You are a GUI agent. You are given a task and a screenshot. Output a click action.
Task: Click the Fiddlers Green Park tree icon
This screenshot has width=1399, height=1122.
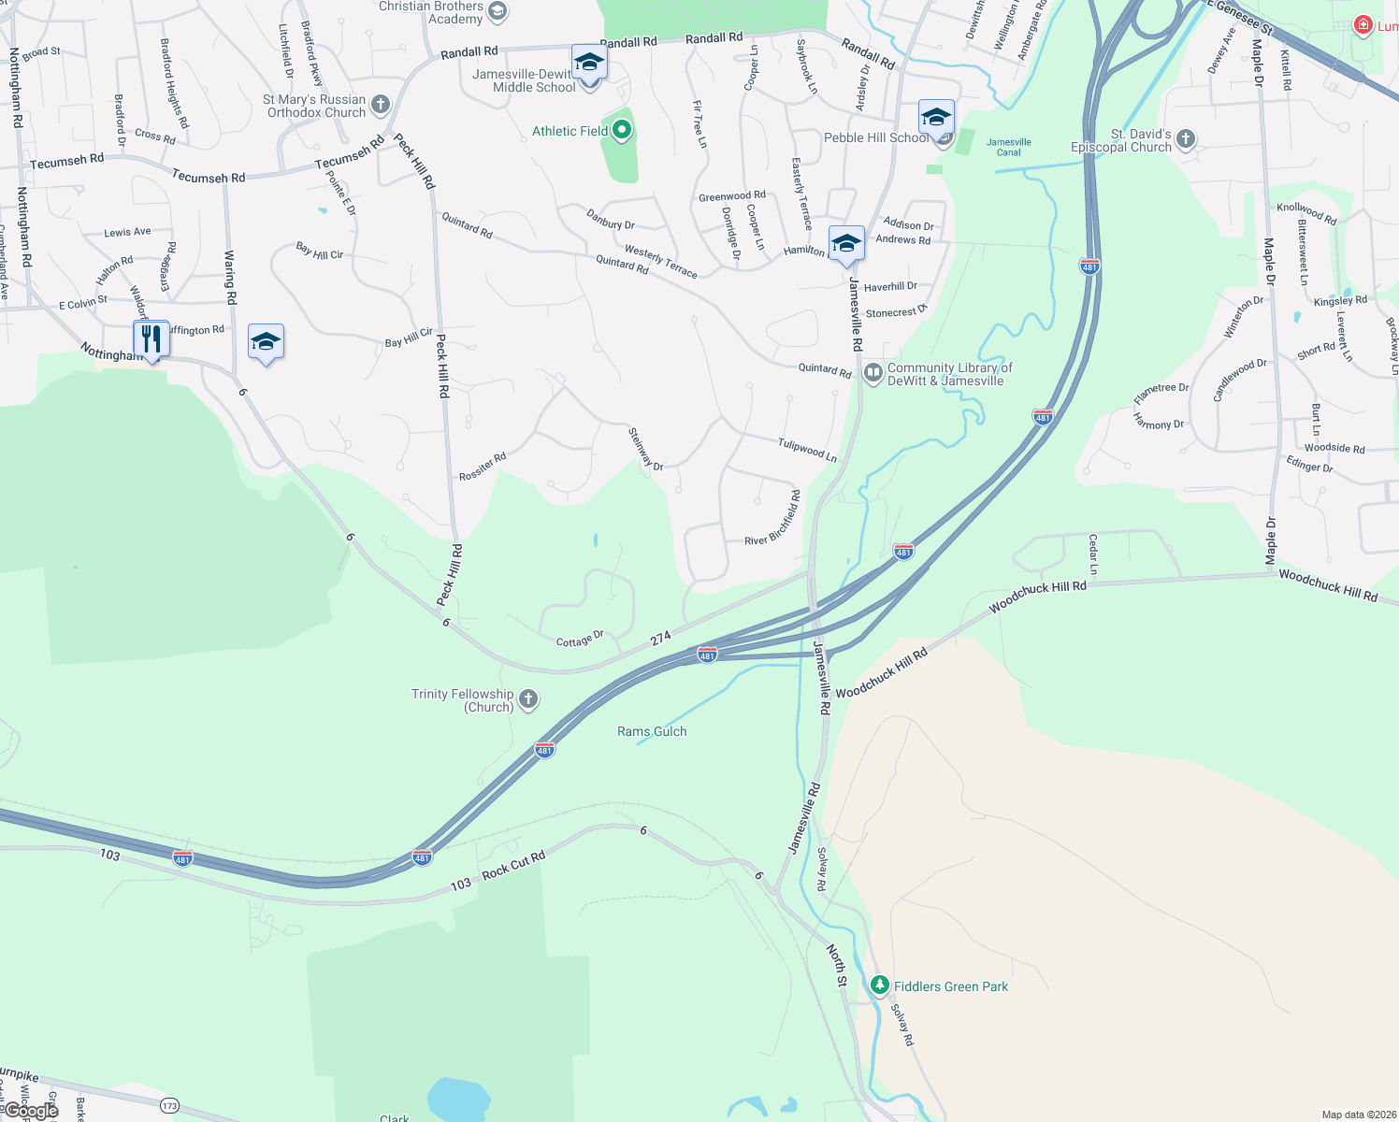[x=879, y=985]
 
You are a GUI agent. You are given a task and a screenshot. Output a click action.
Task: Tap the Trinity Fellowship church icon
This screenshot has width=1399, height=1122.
[x=528, y=699]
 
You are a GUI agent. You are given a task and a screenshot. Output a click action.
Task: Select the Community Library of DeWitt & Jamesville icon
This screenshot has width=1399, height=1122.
[x=873, y=374]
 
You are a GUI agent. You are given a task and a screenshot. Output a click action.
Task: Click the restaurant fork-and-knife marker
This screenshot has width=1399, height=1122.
[x=151, y=339]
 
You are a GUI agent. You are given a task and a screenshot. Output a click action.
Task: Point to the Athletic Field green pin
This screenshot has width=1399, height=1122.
[x=622, y=131]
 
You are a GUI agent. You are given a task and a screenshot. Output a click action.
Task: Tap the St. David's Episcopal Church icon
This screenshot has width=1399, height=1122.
[x=1186, y=140]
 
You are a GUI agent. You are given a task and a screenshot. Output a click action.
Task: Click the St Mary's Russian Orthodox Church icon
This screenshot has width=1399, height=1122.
[x=380, y=105]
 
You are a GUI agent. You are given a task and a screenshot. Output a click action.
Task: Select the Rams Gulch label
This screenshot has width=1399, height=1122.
[x=652, y=731]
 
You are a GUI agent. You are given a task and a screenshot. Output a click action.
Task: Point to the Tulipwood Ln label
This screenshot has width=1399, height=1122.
[x=807, y=449]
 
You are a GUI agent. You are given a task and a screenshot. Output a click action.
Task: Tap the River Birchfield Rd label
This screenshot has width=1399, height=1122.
[x=772, y=519]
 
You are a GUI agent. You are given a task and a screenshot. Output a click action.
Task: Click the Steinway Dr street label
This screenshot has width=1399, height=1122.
[x=644, y=450]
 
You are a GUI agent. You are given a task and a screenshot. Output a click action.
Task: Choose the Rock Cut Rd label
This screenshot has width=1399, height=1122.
[x=512, y=867]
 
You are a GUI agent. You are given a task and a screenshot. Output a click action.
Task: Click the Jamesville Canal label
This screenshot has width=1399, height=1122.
[x=1008, y=147]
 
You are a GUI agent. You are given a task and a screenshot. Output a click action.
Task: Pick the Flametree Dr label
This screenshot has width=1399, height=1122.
[x=1161, y=393]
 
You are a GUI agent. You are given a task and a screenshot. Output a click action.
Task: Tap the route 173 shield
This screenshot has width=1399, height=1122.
[x=168, y=1106]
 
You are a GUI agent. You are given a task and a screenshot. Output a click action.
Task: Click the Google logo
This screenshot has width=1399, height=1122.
[x=30, y=1111]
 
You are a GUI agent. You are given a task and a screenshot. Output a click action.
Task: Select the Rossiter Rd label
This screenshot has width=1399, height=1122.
[x=483, y=467]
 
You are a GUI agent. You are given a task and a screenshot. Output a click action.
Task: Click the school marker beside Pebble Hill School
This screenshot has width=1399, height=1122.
[x=936, y=119]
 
